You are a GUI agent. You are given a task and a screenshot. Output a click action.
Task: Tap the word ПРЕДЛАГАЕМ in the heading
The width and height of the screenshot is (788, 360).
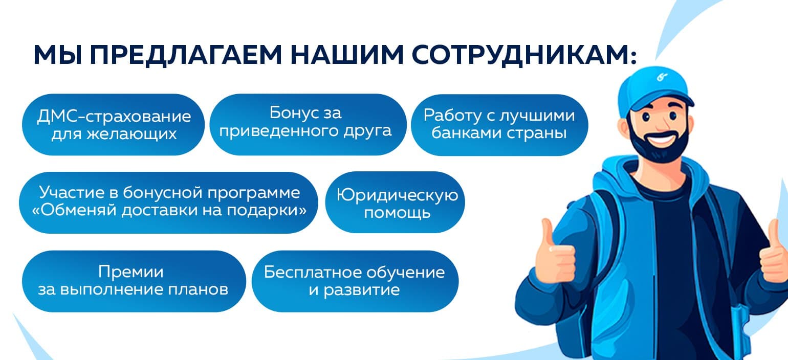tap(186, 55)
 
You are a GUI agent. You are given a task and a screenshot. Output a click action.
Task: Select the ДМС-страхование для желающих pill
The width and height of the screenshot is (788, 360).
tap(113, 124)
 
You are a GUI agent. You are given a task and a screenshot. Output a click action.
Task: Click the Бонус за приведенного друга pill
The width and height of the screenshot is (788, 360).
tap(308, 124)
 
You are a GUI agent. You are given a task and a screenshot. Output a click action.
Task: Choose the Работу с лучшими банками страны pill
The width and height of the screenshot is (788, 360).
tap(499, 125)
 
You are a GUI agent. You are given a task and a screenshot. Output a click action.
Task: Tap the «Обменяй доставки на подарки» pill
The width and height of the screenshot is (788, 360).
tap(168, 202)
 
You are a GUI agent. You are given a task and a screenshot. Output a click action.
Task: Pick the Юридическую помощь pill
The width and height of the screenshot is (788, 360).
tap(395, 202)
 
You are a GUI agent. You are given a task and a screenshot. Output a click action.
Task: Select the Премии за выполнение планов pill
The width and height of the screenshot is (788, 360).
tap(134, 281)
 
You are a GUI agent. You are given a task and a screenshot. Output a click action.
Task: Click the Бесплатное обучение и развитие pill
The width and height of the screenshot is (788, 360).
tap(355, 281)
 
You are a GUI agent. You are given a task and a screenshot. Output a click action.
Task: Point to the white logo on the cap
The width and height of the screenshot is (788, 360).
tap(662, 76)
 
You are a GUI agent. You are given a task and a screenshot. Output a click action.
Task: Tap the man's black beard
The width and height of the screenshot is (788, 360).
tap(658, 142)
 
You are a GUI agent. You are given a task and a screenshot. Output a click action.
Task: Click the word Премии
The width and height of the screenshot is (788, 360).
tap(131, 272)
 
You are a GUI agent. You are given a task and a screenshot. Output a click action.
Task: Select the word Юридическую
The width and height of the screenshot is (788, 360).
tap(397, 195)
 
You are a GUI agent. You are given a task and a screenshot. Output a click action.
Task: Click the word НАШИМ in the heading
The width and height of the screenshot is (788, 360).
tap(347, 55)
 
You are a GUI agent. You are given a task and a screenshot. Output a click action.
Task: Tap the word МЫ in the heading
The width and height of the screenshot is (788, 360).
tap(58, 55)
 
